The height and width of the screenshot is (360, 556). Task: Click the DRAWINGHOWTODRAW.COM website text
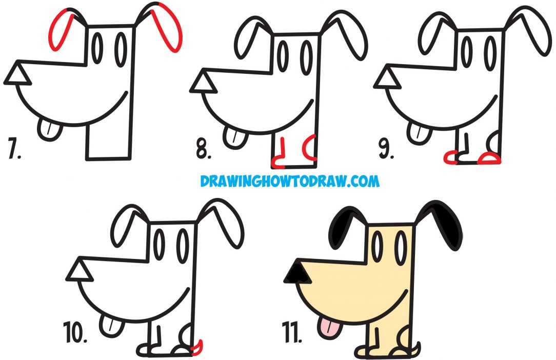click(x=290, y=181)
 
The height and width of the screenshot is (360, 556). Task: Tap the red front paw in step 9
click(x=451, y=158)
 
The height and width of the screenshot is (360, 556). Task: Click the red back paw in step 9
click(x=489, y=159)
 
